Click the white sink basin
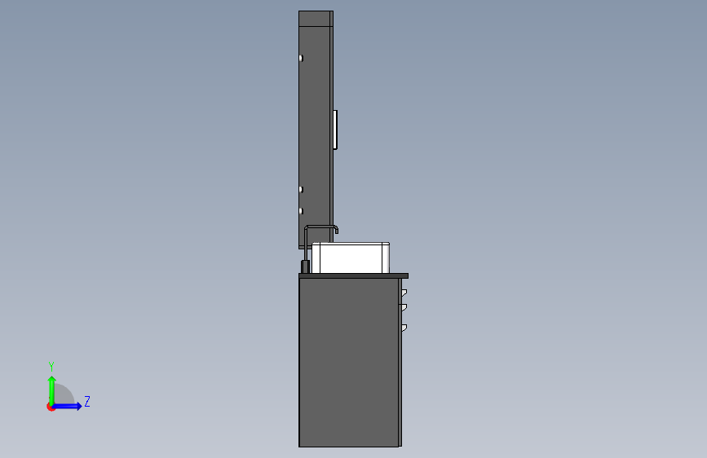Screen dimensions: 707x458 tap(351, 258)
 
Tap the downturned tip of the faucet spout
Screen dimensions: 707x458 tap(336, 231)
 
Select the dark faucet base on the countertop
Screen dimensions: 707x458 tap(305, 266)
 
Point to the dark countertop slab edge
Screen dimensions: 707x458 tap(354, 275)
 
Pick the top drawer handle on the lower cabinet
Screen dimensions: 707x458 tap(404, 293)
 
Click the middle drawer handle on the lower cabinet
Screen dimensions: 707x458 tap(404, 307)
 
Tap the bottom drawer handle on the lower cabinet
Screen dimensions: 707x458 tap(404, 328)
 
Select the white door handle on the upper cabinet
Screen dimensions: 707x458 tap(335, 130)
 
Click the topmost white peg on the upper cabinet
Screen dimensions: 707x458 tap(301, 58)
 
